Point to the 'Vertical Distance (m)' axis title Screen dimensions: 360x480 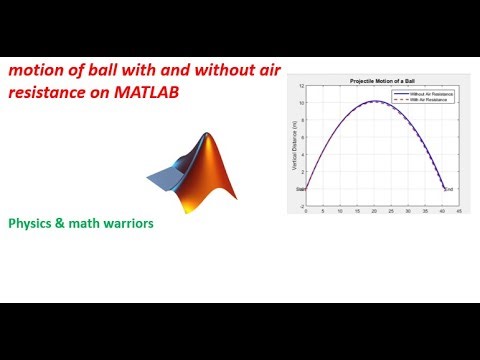291,146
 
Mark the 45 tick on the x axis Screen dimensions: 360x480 459,212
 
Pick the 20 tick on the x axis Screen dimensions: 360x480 374,212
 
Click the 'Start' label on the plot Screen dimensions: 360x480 300,189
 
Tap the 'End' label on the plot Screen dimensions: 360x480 449,189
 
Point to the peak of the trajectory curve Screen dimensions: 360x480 373,101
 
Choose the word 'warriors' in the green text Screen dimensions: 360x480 125,224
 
